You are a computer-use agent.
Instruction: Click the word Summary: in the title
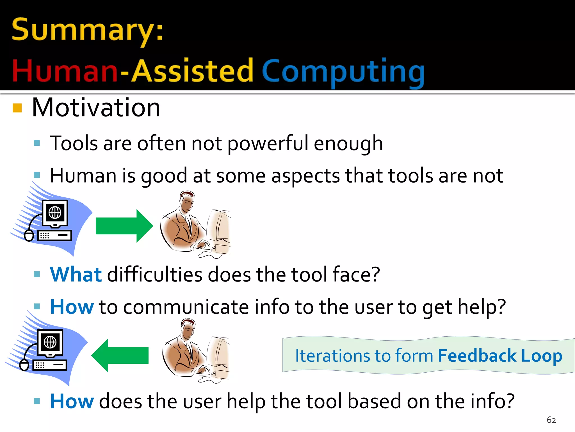(x=87, y=30)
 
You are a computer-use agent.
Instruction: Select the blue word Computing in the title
(x=343, y=72)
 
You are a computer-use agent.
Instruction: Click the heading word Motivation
(x=96, y=108)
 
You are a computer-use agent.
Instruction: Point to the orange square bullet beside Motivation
(x=17, y=108)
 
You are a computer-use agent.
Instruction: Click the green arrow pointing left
(x=120, y=355)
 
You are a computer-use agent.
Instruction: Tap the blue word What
(x=76, y=274)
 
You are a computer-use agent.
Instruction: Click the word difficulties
(x=154, y=274)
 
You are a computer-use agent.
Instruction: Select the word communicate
(x=186, y=307)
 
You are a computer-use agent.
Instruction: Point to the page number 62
(x=551, y=420)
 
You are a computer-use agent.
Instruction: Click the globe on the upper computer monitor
(x=55, y=212)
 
